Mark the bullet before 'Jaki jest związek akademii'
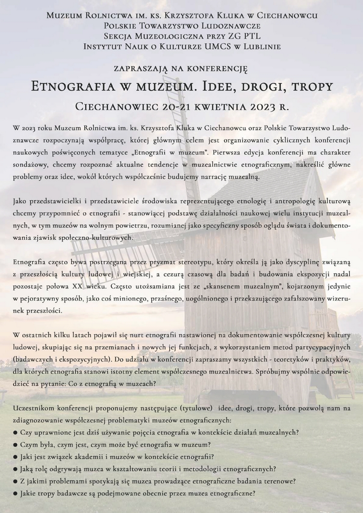(16, 456)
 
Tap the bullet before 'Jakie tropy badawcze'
(16, 493)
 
